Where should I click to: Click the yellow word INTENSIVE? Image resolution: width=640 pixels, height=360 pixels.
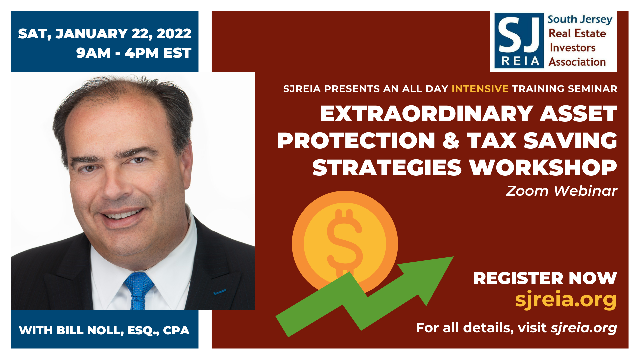[x=480, y=89]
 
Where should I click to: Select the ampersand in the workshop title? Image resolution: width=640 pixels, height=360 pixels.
[x=451, y=140]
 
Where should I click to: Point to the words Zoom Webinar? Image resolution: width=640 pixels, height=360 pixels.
[x=562, y=191]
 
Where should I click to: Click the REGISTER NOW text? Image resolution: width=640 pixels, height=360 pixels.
[x=545, y=278]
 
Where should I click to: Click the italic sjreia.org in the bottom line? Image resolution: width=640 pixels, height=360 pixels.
[x=584, y=328]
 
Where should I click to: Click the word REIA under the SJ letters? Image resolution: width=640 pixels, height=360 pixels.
[x=520, y=61]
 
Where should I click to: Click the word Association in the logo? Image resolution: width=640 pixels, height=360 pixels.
[x=577, y=62]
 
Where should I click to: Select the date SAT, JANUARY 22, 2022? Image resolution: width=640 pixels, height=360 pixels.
[x=105, y=34]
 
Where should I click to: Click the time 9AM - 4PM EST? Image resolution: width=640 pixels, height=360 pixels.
[x=134, y=53]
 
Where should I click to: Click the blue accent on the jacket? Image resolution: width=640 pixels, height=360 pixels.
[x=219, y=292]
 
